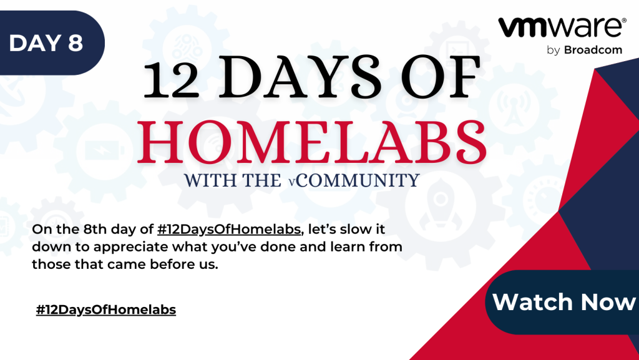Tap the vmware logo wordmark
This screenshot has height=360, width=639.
click(560, 27)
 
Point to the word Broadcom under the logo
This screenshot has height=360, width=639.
click(593, 50)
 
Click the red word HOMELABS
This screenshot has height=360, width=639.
click(312, 142)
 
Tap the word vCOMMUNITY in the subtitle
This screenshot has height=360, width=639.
click(354, 180)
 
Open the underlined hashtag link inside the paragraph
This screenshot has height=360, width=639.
click(229, 229)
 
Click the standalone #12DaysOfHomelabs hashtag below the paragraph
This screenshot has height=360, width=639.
click(106, 309)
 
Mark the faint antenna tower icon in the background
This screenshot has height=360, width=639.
click(514, 109)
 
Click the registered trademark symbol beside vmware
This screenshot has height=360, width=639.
click(623, 21)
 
